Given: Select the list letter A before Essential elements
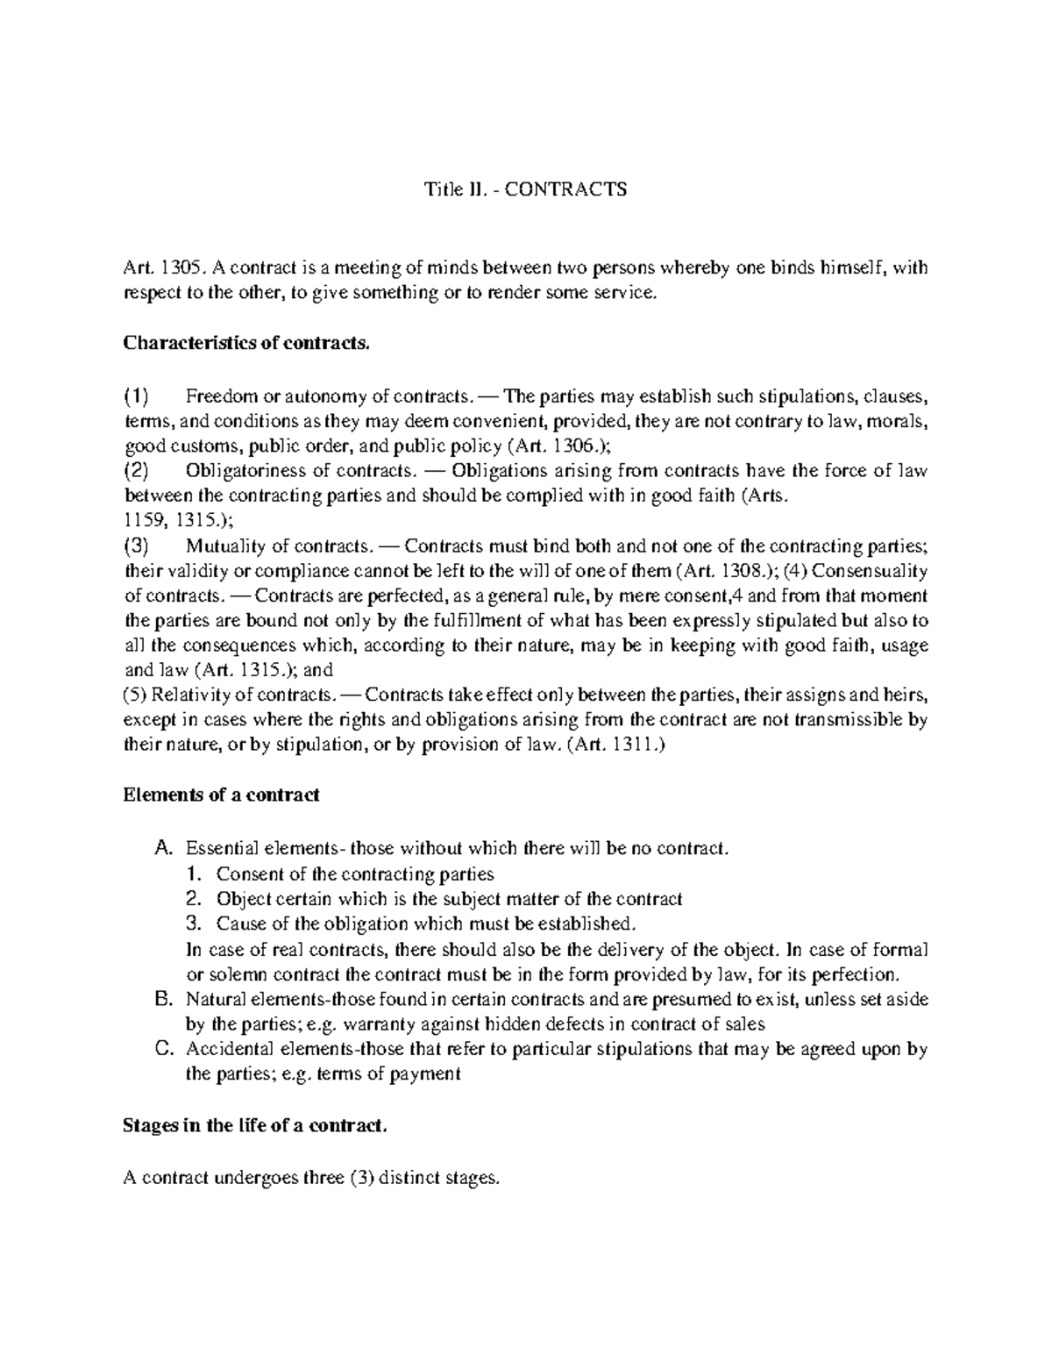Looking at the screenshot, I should click(x=160, y=848).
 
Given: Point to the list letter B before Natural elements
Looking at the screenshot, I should click(x=160, y=999).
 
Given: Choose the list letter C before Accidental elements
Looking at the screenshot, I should click(x=160, y=1049).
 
